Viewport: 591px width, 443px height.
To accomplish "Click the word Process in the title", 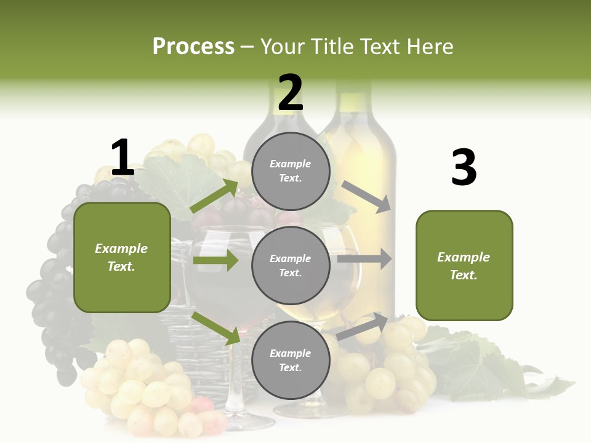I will click(x=193, y=47).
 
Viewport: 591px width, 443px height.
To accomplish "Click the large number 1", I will click(x=122, y=158).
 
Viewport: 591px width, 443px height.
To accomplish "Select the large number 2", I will click(x=291, y=93).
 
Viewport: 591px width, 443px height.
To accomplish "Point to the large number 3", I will click(x=464, y=167).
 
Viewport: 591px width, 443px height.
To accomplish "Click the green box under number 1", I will click(x=122, y=257).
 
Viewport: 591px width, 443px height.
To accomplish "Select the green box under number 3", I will click(x=464, y=266).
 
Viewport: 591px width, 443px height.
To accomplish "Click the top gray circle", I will click(x=291, y=171).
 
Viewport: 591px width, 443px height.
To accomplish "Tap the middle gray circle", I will click(x=291, y=266).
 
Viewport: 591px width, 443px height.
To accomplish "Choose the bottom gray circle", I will click(x=291, y=361).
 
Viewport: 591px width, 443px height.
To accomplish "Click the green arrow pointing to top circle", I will click(x=214, y=196).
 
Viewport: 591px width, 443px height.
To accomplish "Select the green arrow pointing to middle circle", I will click(x=215, y=260).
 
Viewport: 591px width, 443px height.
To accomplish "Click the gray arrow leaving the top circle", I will click(x=366, y=196).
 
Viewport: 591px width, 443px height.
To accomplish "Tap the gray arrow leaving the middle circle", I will click(x=364, y=259).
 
